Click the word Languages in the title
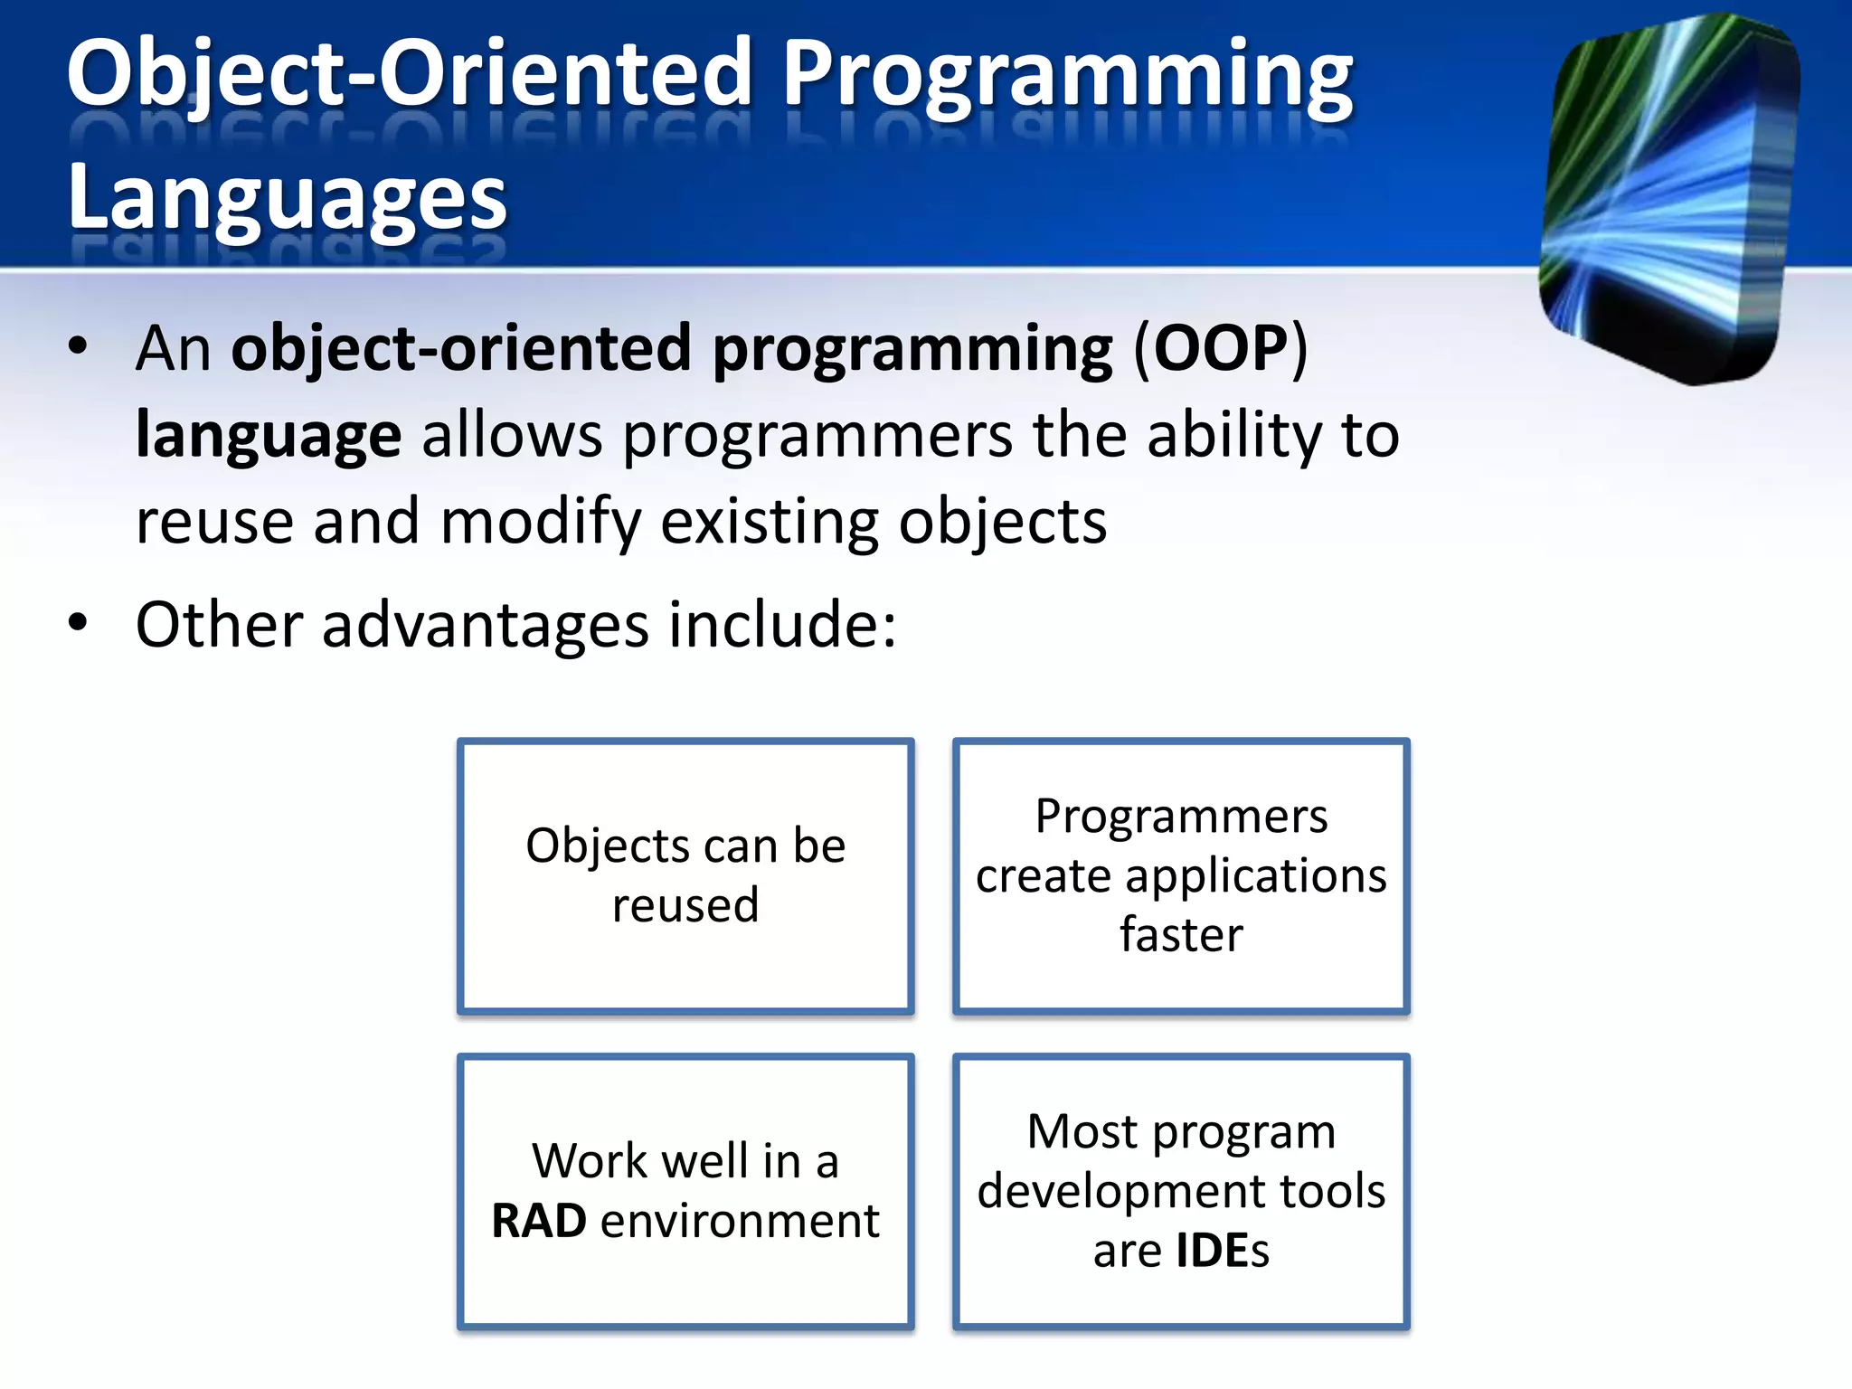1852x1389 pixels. (287, 198)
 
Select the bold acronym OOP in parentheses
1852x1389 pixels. (1220, 348)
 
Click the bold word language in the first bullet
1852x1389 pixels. (268, 436)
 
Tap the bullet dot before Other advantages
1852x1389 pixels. (79, 623)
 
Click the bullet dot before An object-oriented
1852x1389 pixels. (79, 346)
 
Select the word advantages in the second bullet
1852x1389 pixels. (486, 625)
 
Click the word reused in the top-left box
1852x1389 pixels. (685, 906)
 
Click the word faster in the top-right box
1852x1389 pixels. (1181, 935)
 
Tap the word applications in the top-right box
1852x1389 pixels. (1256, 876)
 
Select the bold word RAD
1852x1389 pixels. (539, 1221)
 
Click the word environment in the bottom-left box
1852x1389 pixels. (740, 1221)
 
